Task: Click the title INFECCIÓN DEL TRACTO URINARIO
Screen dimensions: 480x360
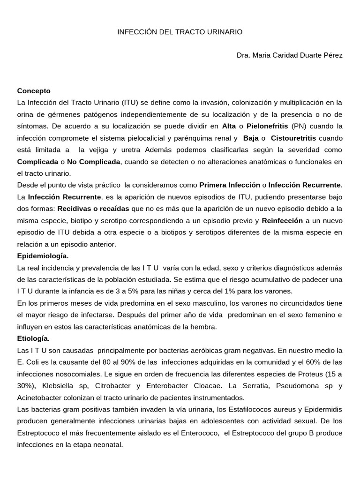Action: [x=180, y=32]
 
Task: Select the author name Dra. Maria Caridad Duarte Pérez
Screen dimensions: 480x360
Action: [x=290, y=55]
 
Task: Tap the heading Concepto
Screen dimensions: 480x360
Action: [x=34, y=90]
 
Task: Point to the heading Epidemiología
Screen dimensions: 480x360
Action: [x=43, y=256]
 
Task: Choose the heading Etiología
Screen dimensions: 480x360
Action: [x=33, y=338]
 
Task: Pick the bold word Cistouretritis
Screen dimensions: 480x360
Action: [x=293, y=138]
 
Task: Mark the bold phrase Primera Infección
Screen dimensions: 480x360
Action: [x=229, y=185]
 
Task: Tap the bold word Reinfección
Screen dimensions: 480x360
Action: [x=282, y=220]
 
